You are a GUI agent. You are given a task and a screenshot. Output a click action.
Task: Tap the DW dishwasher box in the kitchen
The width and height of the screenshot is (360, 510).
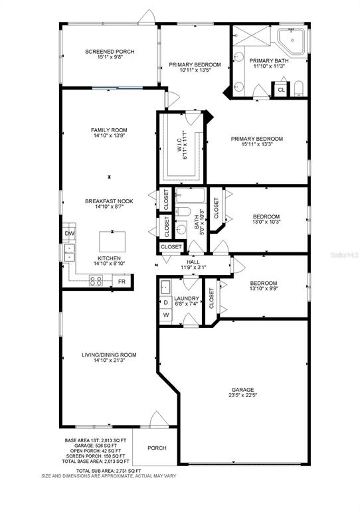(x=69, y=233)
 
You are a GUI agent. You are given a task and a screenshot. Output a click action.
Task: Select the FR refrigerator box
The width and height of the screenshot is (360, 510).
(x=122, y=282)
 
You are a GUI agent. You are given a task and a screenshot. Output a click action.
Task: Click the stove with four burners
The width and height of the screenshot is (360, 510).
(x=96, y=281)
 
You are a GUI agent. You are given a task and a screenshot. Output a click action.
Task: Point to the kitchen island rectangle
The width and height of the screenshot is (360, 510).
(x=112, y=242)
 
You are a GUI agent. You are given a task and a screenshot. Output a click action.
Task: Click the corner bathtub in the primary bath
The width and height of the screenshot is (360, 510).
(x=291, y=41)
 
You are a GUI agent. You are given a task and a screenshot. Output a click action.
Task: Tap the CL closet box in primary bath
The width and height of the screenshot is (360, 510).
(x=282, y=90)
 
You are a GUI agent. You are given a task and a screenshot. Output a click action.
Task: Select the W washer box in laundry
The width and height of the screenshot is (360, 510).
(x=166, y=315)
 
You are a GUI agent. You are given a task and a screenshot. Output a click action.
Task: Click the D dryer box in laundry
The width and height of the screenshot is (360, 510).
(x=166, y=303)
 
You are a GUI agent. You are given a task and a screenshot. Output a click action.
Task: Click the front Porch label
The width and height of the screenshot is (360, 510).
(x=157, y=448)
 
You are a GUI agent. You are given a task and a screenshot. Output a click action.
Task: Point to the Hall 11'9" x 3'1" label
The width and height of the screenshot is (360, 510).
(x=193, y=265)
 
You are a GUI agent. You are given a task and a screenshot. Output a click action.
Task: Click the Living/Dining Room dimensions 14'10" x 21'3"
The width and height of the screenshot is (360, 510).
(x=109, y=361)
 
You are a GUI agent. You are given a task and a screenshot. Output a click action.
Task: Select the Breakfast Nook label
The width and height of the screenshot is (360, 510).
(x=110, y=201)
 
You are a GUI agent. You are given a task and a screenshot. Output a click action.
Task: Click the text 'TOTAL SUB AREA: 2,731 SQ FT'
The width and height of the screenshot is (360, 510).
(x=109, y=471)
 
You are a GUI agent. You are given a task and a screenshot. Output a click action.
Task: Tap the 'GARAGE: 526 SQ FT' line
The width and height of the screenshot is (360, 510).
(x=96, y=446)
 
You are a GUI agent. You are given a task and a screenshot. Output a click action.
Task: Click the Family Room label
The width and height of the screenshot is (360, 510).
(x=109, y=130)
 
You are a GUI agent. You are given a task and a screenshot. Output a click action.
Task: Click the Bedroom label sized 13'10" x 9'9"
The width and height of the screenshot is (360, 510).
(x=264, y=286)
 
